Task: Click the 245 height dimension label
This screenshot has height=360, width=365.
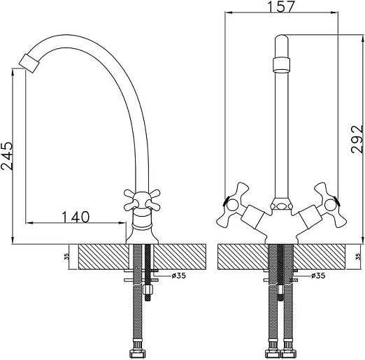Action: point(7,156)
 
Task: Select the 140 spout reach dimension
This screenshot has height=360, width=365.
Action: point(76,217)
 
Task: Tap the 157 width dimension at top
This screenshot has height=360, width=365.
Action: point(281,6)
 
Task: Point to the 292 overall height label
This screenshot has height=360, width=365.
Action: point(357,139)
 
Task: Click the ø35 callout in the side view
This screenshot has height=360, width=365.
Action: point(179,275)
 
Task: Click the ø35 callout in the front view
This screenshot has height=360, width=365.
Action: point(318,275)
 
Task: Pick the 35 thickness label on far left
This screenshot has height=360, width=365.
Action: point(67,257)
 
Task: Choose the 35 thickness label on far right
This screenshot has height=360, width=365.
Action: point(359,257)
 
